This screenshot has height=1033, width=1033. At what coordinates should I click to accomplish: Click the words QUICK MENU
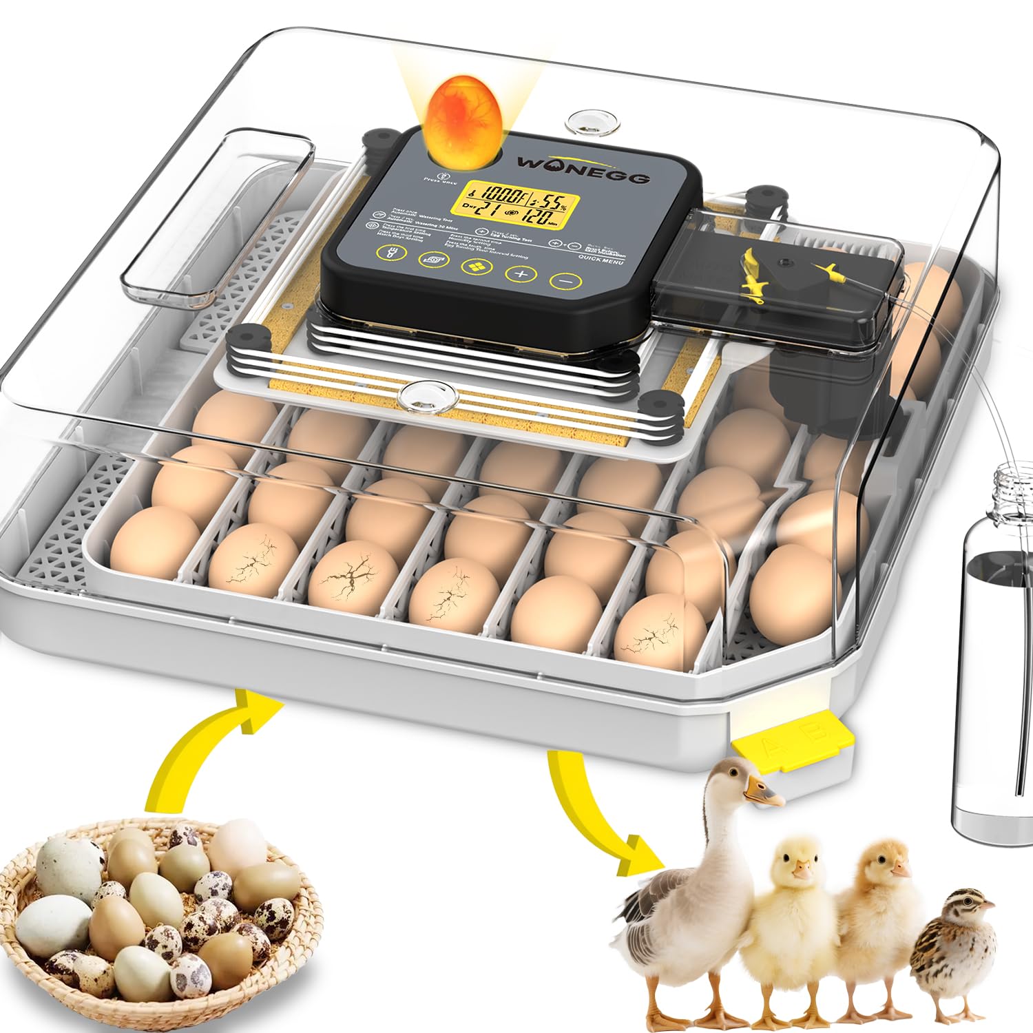click(x=601, y=260)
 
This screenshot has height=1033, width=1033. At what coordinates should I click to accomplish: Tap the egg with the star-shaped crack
click(x=353, y=573)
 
